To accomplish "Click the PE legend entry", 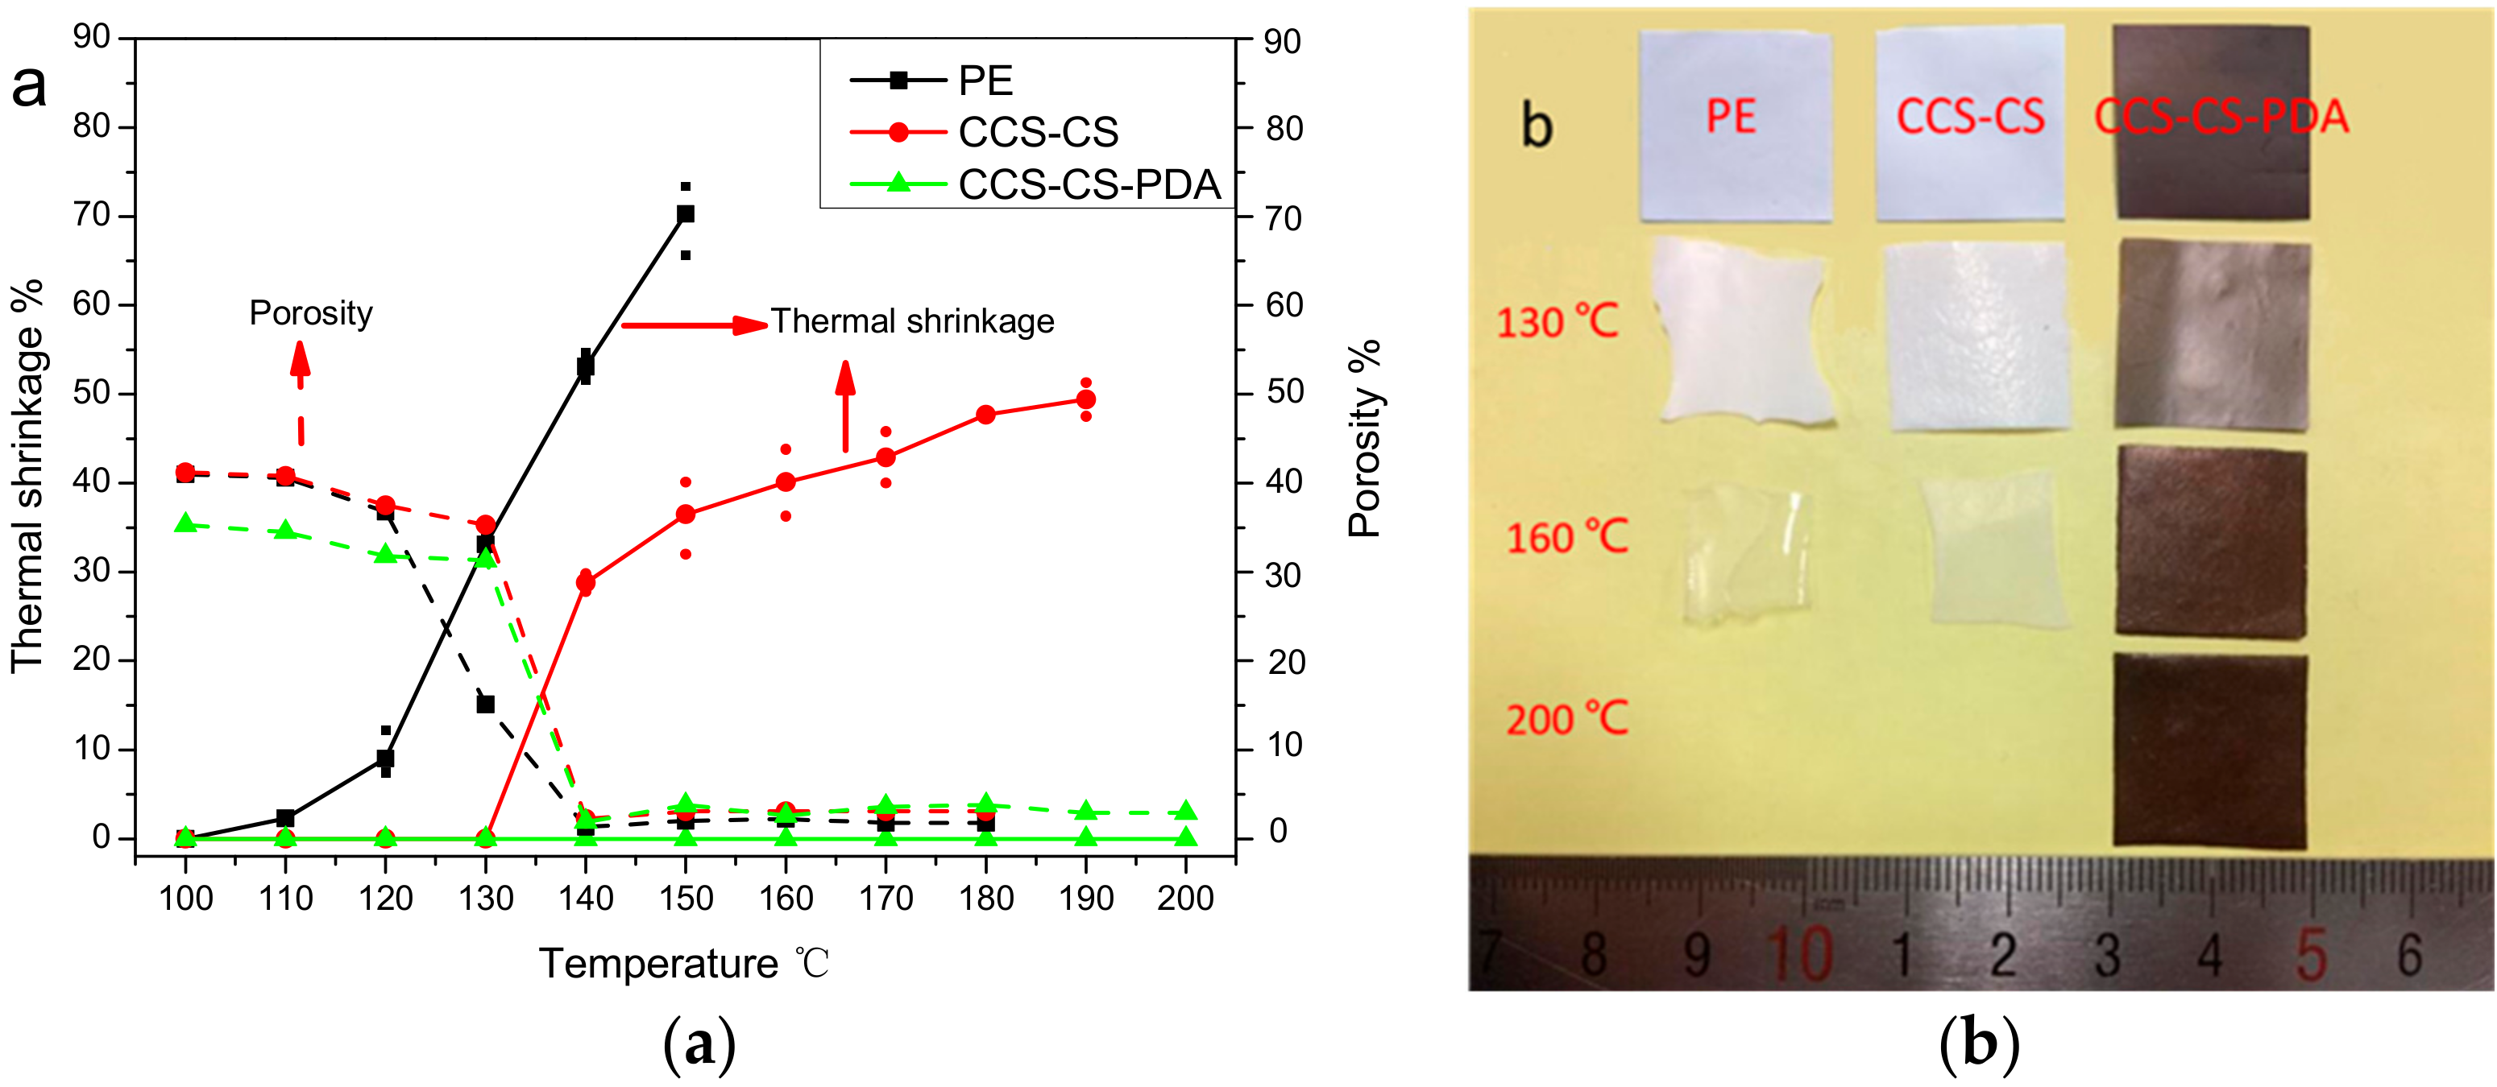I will pyautogui.click(x=984, y=81).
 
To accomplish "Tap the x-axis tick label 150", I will pyautogui.click(x=686, y=898).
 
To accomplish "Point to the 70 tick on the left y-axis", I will pyautogui.click(x=91, y=214).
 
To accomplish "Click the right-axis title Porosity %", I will pyautogui.click(x=1364, y=439).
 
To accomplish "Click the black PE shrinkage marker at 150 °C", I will pyautogui.click(x=686, y=214).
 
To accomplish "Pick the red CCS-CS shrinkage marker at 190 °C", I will pyautogui.click(x=1085, y=399).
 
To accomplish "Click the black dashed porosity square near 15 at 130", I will pyautogui.click(x=486, y=704).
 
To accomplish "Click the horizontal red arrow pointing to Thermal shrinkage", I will pyautogui.click(x=693, y=324).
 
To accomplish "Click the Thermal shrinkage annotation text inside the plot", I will pyautogui.click(x=912, y=320).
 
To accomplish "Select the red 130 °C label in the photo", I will pyautogui.click(x=1557, y=321).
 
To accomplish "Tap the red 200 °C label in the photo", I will pyautogui.click(x=1566, y=719).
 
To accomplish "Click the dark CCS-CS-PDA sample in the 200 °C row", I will pyautogui.click(x=2209, y=750).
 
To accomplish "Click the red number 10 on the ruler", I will pyautogui.click(x=1799, y=954).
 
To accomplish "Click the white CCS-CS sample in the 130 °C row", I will pyautogui.click(x=1977, y=335).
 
